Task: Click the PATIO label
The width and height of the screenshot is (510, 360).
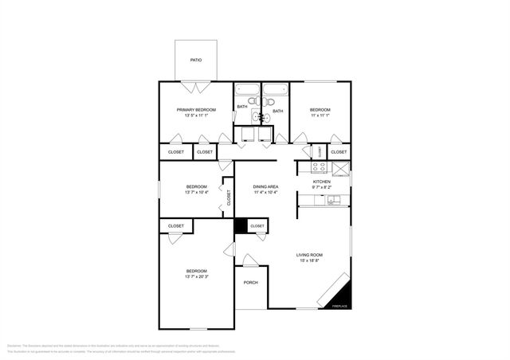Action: pos(195,60)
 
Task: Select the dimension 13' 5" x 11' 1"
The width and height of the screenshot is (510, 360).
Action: pos(195,116)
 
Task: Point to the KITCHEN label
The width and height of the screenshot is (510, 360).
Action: pos(321,182)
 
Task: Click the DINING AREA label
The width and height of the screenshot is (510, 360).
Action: pos(265,186)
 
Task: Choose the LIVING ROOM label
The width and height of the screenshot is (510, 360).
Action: pos(311,255)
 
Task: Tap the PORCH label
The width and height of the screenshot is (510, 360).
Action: pos(250,282)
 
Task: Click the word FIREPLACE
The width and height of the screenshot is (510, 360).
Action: pos(339,307)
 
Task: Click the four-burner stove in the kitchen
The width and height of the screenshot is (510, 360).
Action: pos(318,167)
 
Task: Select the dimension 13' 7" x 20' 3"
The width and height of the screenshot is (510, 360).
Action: pos(196,277)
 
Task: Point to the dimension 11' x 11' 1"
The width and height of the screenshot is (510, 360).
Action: pos(320,116)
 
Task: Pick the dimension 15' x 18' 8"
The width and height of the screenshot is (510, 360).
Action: pos(311,261)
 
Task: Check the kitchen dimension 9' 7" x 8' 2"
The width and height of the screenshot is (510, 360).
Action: pos(321,188)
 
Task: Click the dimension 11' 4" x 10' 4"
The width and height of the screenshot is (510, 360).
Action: pos(265,193)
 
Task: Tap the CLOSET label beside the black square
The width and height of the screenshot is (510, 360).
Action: pos(257,226)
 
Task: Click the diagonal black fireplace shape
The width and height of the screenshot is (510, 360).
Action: pos(337,291)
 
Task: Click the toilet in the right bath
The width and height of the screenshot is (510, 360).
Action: pos(268,102)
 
